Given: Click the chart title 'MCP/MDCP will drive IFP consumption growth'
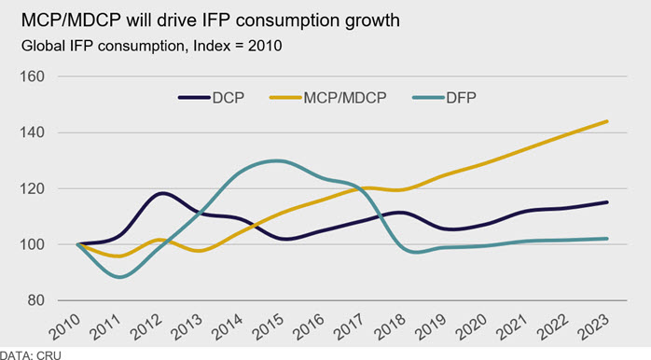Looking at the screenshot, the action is pos(211,21).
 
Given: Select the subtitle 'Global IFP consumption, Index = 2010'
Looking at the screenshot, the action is pos(151,46).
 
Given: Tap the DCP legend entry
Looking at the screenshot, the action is pos(212,98).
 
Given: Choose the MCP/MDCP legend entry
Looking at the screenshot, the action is pos(328,98).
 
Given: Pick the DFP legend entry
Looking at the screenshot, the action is pos(444,98).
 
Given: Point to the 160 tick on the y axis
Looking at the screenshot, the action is pos(32,76).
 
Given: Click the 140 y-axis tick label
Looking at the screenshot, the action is pos(32,132).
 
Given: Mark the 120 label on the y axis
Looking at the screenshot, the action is pos(32,188).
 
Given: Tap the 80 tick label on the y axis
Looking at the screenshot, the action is pos(36,300).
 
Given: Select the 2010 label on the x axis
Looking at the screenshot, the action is pos(64,327).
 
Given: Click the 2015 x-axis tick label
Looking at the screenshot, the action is pos(268,327).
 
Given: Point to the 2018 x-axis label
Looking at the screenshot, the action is pos(390,327).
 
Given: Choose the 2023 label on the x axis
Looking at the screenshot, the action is pos(593,327).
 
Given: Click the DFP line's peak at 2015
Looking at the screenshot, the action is pos(276,160).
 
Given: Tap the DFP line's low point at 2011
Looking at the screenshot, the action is pos(119,277).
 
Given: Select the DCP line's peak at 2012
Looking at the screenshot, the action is pos(162,193).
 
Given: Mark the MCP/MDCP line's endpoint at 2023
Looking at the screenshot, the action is pos(607,121).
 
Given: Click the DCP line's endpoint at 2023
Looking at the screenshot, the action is pos(607,202).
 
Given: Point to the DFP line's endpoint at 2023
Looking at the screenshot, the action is pos(607,239).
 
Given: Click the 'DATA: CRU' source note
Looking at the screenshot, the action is pos(30,355).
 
